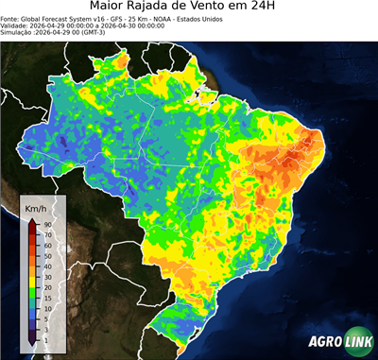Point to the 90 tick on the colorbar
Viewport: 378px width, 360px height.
click(x=46, y=224)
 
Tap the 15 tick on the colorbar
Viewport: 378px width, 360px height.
click(x=46, y=298)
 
